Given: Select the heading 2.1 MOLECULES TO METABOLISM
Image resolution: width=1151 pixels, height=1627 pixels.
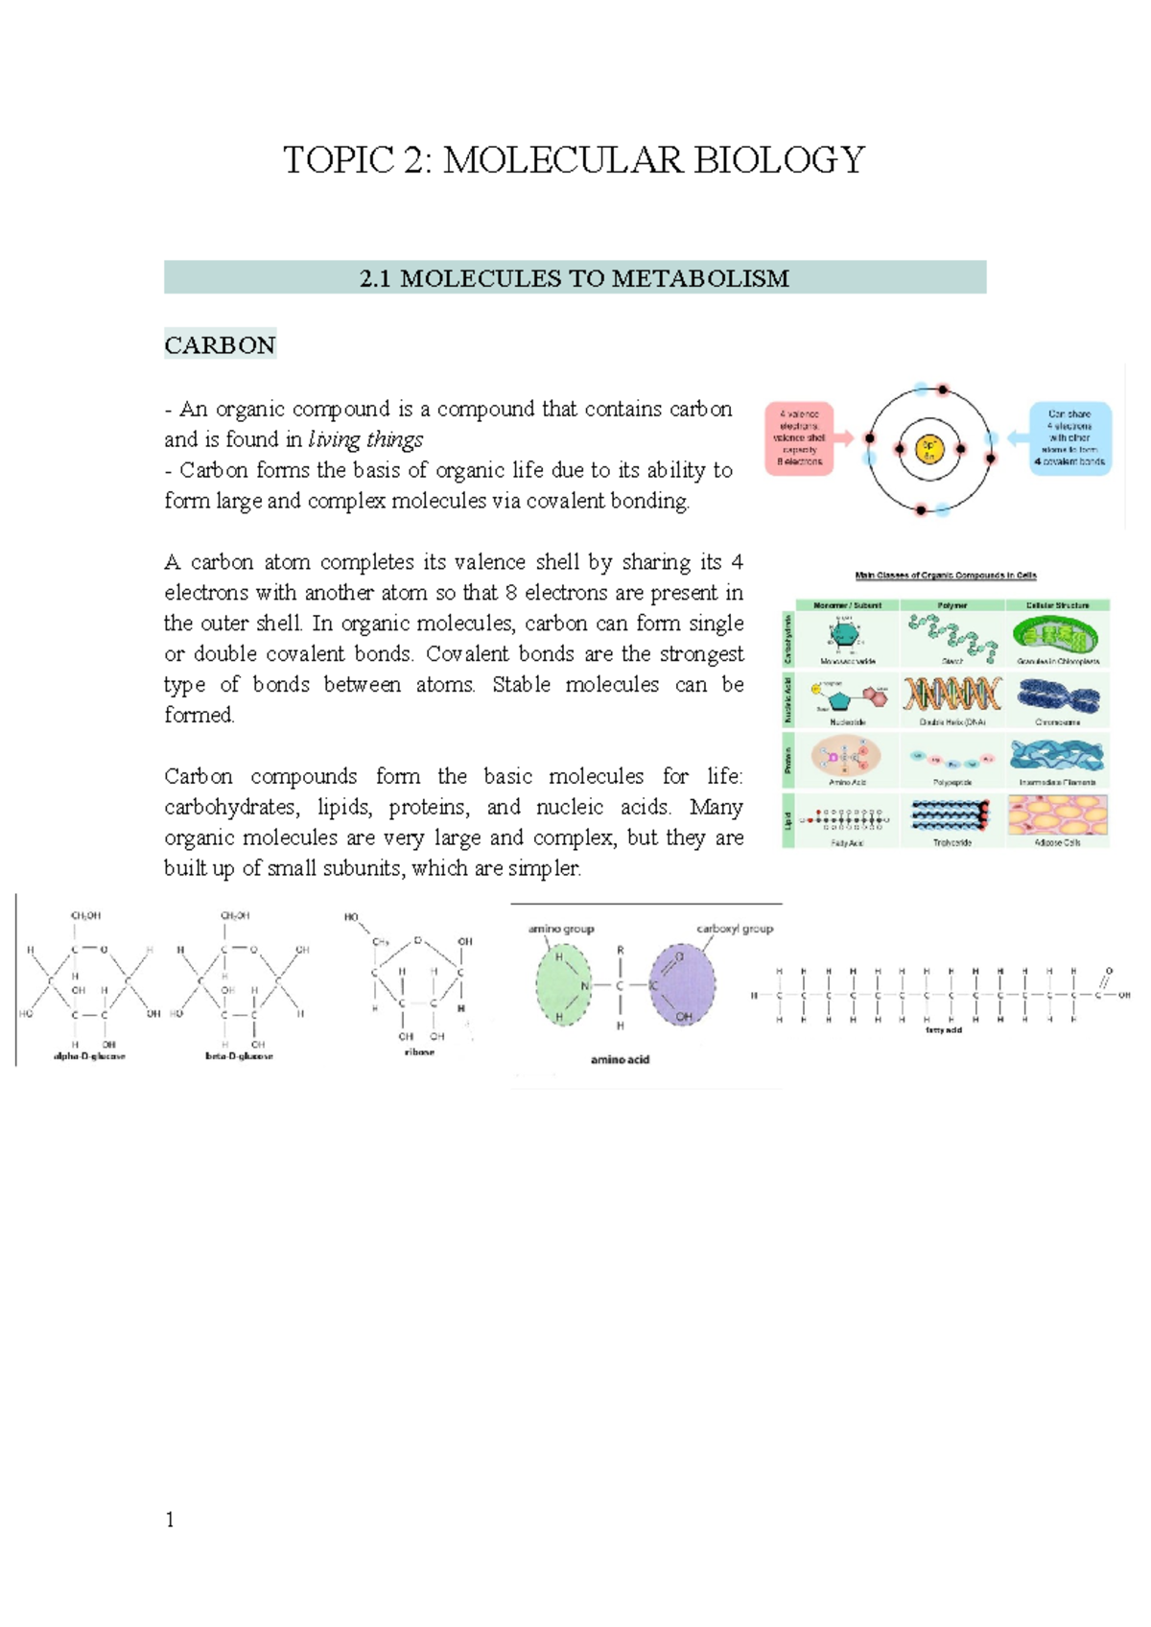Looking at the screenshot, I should (574, 278).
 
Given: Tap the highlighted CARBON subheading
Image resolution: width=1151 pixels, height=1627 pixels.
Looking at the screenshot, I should (220, 345).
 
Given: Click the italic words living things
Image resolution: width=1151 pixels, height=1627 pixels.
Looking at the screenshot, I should (365, 439).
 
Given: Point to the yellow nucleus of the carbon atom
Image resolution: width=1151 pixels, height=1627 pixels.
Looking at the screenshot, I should (929, 449).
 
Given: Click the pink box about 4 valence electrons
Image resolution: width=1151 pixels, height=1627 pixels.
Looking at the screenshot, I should (799, 438).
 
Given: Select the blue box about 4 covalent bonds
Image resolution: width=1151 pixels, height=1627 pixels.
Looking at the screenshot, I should (1069, 438).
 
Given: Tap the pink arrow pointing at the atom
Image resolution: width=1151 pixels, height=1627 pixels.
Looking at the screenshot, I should (844, 438).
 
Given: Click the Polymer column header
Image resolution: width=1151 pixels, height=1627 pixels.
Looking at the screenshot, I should (952, 605).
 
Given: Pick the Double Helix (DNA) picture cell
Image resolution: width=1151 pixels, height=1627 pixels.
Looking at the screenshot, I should (952, 695).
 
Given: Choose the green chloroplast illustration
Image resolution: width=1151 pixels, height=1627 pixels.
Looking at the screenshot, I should (1058, 636).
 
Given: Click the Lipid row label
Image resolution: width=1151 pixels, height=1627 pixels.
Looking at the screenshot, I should (789, 820).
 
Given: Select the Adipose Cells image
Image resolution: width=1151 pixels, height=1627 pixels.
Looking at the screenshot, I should (1058, 815).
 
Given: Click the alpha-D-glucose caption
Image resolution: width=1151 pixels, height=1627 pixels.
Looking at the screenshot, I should (88, 1056).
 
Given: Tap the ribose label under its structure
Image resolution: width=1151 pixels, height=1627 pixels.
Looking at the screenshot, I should (419, 1052).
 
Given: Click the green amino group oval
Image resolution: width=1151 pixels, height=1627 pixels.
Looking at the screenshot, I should (566, 985).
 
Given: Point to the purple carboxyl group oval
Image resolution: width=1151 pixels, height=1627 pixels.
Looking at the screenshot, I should (682, 985).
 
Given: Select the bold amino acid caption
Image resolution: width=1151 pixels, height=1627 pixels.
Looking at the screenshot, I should (620, 1060).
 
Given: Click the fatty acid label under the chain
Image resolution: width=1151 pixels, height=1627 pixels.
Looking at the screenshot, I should (943, 1029).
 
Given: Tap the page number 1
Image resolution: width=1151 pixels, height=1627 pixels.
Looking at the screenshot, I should (170, 1520).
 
